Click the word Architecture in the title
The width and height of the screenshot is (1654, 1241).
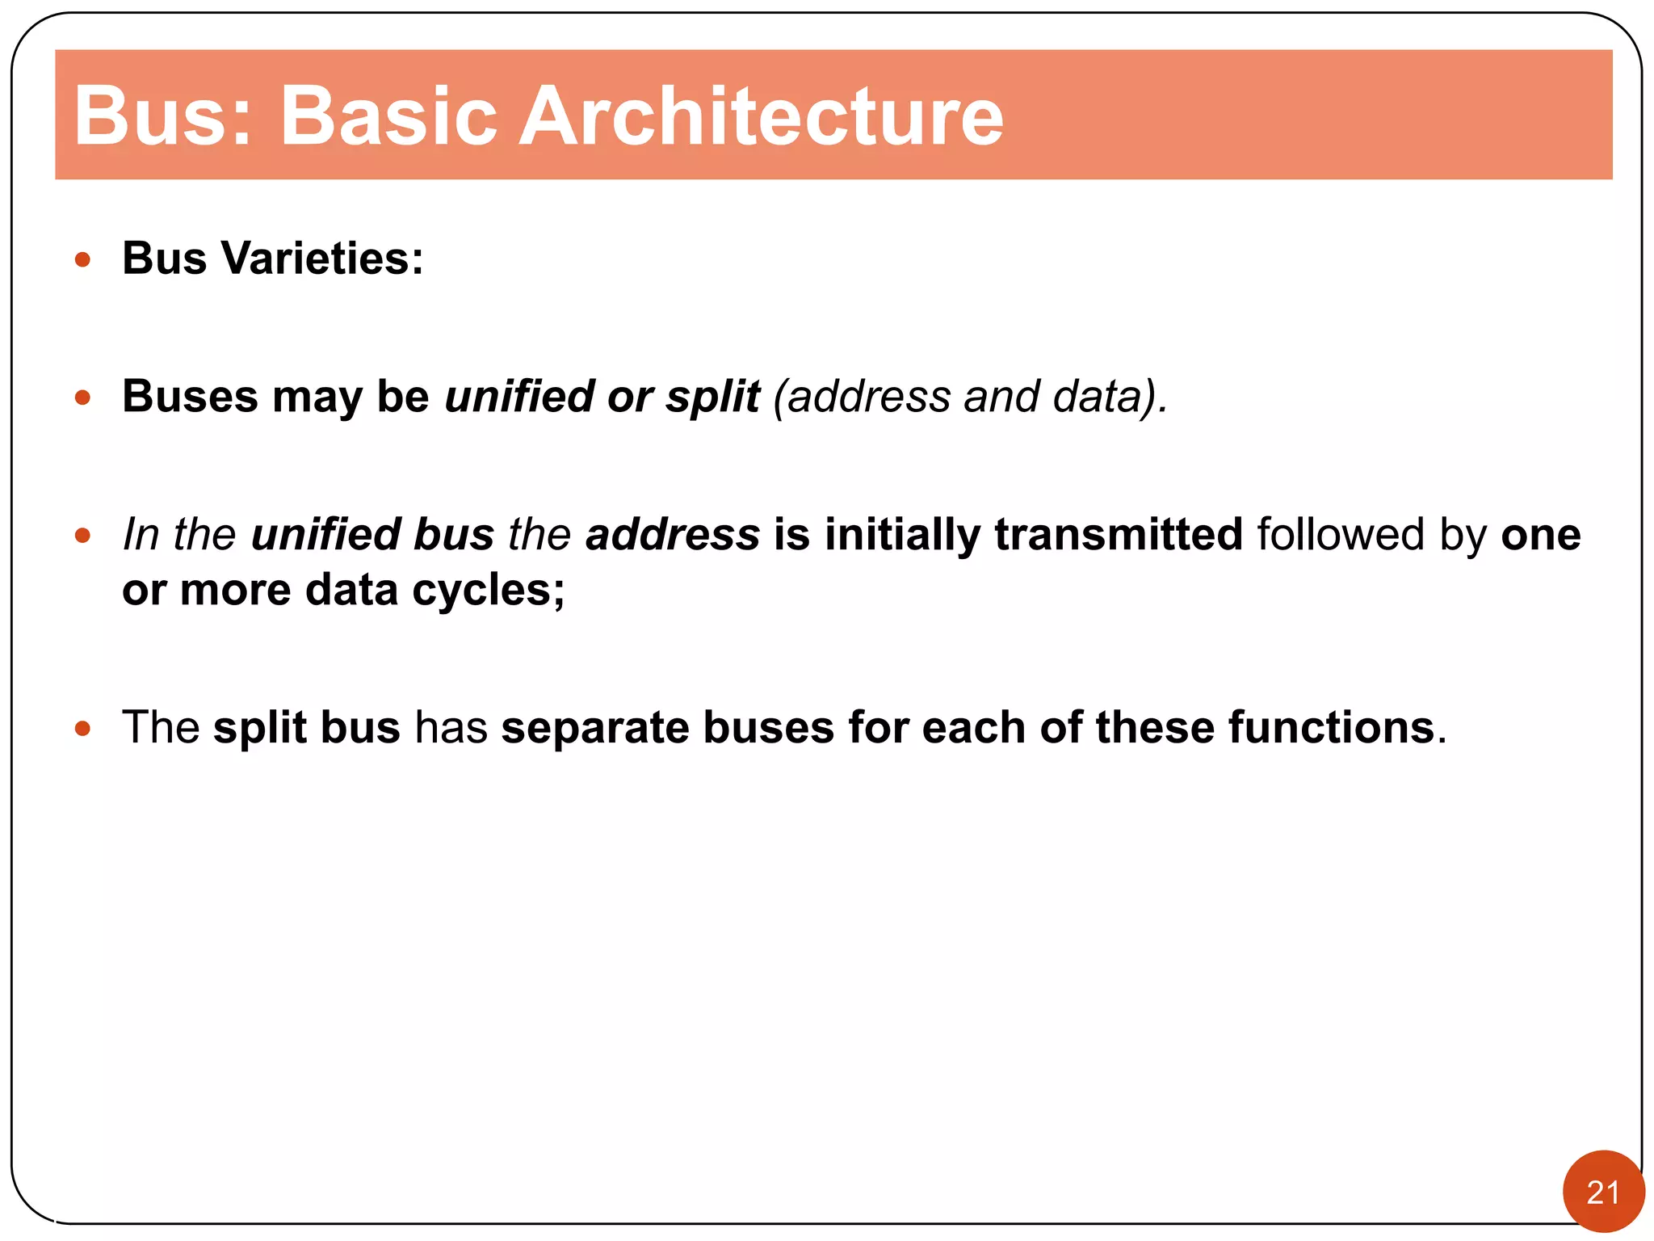click(x=760, y=116)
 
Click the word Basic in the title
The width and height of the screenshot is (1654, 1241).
click(x=387, y=116)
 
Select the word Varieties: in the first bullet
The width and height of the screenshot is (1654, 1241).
click(x=322, y=259)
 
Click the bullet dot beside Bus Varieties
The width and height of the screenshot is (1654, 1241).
click(x=82, y=260)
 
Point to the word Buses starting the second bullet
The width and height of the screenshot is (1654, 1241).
click(x=190, y=397)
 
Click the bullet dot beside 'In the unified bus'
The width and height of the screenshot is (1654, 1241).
click(x=82, y=536)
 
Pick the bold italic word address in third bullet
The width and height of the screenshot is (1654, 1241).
click(x=672, y=535)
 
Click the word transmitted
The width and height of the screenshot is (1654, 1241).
click(x=1118, y=535)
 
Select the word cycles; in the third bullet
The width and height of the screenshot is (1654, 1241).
click(x=488, y=591)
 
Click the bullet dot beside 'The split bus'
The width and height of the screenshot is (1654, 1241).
click(x=82, y=729)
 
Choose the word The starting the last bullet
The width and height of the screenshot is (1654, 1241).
click(x=161, y=727)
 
